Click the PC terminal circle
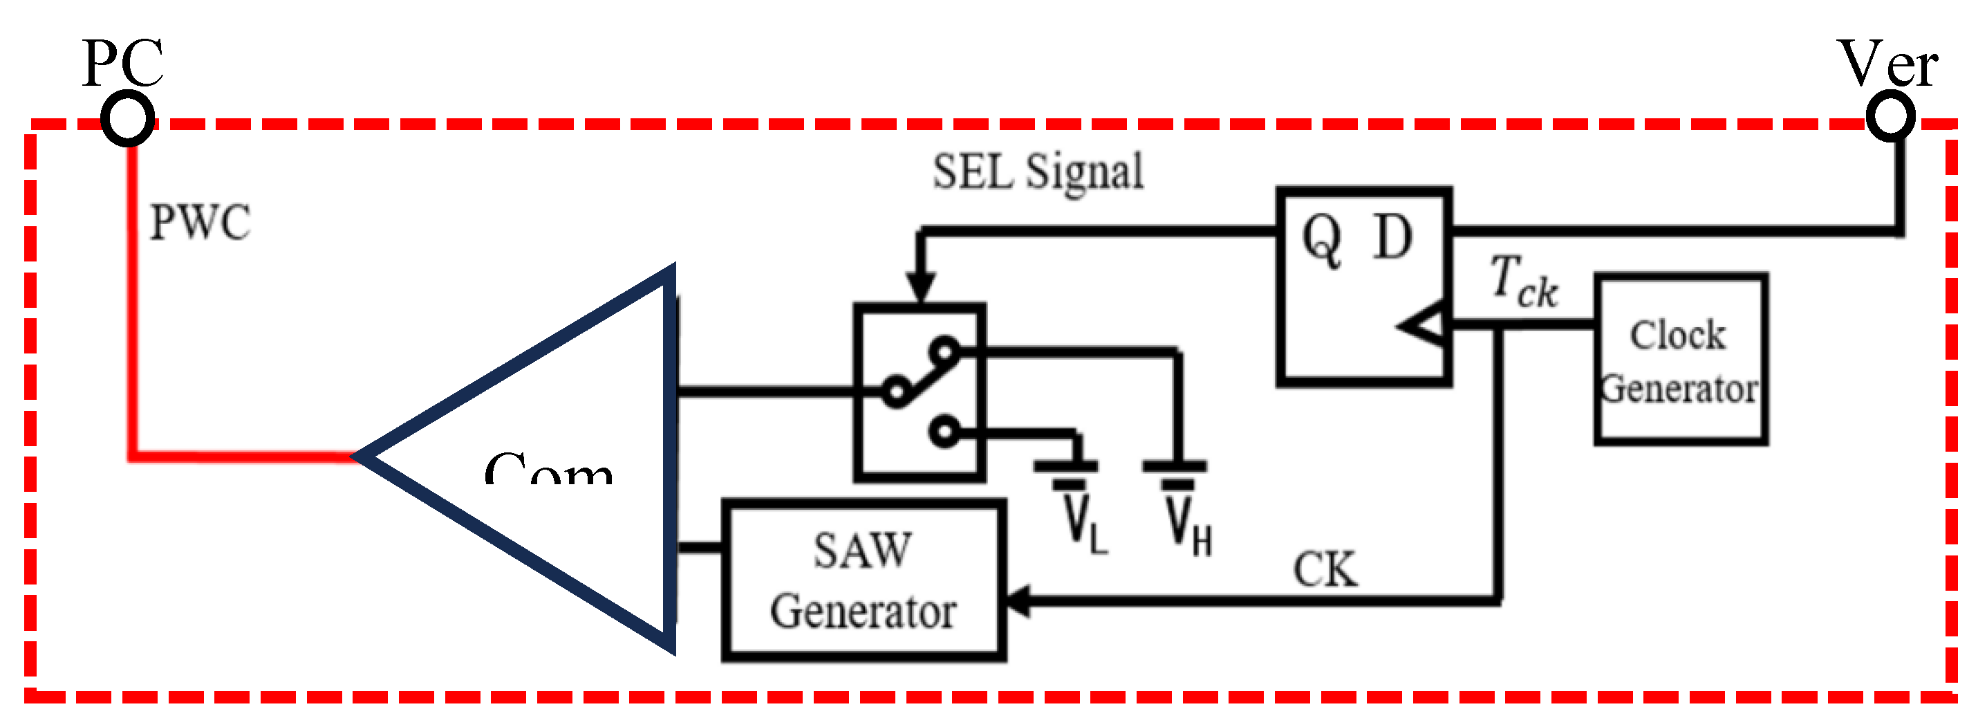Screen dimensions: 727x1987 point(128,118)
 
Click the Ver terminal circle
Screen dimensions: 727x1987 point(1891,116)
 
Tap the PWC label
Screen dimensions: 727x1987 point(200,222)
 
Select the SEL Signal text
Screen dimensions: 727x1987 point(1038,172)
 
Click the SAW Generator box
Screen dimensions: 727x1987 point(863,580)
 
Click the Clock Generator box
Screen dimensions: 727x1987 point(1681,359)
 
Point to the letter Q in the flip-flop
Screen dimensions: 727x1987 point(1322,239)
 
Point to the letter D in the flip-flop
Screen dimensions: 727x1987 point(1393,238)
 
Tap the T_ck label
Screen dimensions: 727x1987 point(1522,282)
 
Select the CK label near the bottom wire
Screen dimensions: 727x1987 point(1325,569)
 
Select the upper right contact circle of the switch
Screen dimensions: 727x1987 point(945,351)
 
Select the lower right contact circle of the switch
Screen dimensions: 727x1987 point(945,432)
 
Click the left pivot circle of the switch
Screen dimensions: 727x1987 point(895,392)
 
